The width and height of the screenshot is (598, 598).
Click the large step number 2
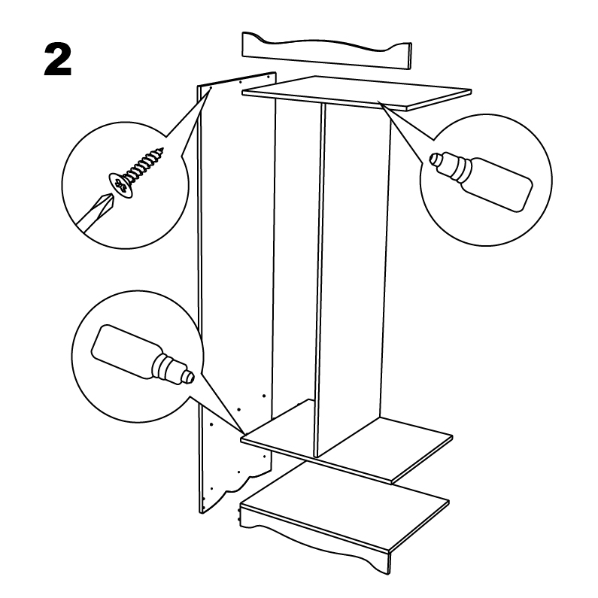pos(58,59)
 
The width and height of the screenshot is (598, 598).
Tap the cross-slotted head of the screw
pos(121,185)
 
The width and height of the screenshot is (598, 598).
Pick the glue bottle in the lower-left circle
pos(142,355)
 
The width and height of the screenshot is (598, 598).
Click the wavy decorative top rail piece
pos(326,50)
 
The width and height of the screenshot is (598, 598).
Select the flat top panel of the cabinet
pos(357,93)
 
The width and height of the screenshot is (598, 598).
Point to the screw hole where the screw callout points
pos(211,87)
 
